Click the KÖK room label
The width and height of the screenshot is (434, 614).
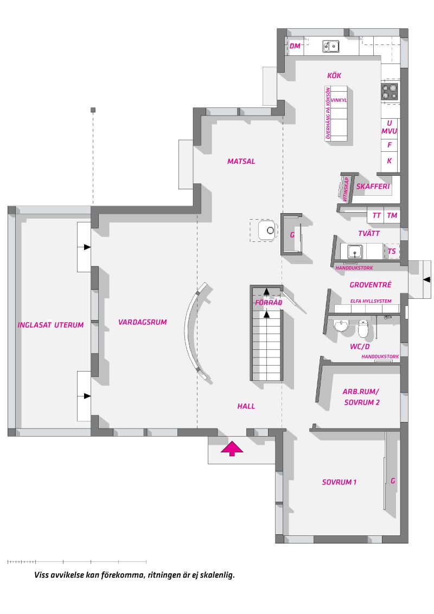coord(334,75)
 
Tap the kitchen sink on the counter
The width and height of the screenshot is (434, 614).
coord(330,46)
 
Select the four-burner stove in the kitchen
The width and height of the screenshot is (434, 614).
coord(390,91)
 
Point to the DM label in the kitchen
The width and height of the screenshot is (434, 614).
coord(295,46)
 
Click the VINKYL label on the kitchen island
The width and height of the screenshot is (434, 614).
coord(339,100)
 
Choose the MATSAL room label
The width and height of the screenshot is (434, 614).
coord(241,161)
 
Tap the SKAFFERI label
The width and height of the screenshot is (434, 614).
coord(373,187)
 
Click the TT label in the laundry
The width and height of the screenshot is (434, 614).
coord(376,215)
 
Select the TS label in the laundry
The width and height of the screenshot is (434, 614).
coord(392,251)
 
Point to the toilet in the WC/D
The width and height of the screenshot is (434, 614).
coord(363,328)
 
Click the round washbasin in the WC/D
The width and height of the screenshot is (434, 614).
coord(341,325)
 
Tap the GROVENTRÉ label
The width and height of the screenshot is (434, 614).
coord(370,285)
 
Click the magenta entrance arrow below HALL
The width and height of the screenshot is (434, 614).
coord(232,449)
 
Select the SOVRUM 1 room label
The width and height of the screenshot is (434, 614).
coord(339,482)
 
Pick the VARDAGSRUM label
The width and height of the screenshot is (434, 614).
coord(143,322)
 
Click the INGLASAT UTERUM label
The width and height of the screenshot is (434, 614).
coord(50,324)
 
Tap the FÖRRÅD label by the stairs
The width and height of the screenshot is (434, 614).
coord(269,302)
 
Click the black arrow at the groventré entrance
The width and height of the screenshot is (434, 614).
coord(427,279)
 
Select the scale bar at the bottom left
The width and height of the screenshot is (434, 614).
coord(77,562)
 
